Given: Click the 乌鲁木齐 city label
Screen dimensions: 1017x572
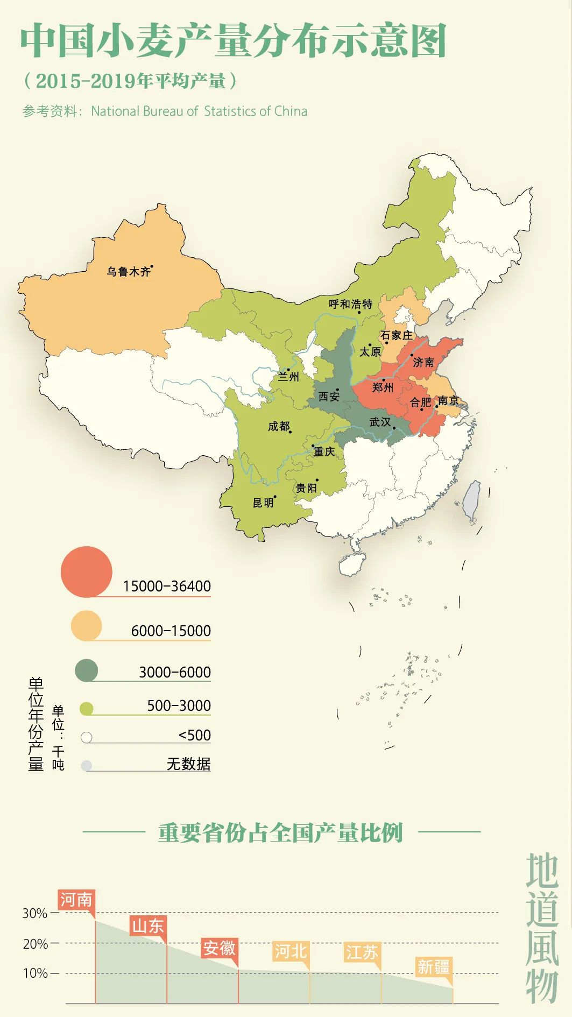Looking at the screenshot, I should pyautogui.click(x=128, y=272).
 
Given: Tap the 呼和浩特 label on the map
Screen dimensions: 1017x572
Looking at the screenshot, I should pyautogui.click(x=350, y=304).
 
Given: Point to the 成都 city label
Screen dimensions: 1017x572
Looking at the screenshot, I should pyautogui.click(x=278, y=427).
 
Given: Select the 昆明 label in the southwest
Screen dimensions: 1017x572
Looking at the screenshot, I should pyautogui.click(x=263, y=503).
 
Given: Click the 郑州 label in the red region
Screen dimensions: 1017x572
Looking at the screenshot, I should pyautogui.click(x=383, y=387).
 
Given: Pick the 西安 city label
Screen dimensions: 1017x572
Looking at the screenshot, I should pyautogui.click(x=329, y=397).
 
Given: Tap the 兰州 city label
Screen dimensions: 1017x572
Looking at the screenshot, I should pyautogui.click(x=288, y=377).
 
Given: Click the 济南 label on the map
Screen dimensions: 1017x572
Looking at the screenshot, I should pyautogui.click(x=423, y=362).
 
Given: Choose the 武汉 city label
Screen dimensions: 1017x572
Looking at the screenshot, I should pyautogui.click(x=380, y=422).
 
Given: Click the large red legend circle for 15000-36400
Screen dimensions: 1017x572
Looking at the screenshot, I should pyautogui.click(x=86, y=571).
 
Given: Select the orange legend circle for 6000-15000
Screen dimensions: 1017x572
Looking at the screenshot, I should pyautogui.click(x=86, y=625).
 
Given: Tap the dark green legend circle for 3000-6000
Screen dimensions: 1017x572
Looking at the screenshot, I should pyautogui.click(x=86, y=670).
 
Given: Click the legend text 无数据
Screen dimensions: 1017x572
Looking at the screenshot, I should pyautogui.click(x=188, y=764).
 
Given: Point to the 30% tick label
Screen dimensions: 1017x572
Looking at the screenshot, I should pyautogui.click(x=34, y=913).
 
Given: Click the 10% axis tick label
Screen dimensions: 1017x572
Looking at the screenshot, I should pyautogui.click(x=34, y=973).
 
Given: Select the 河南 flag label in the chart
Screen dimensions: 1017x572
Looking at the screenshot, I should pyautogui.click(x=76, y=900).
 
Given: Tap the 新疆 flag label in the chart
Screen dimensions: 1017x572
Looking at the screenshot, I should pyautogui.click(x=433, y=967).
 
